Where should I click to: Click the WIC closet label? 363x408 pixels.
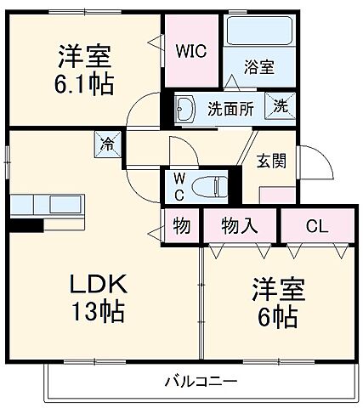pyautogui.click(x=191, y=50)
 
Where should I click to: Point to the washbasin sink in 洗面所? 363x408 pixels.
pyautogui.click(x=187, y=108)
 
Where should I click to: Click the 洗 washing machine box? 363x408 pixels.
pyautogui.click(x=280, y=107)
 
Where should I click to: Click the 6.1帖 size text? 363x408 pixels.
pyautogui.click(x=85, y=85)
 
